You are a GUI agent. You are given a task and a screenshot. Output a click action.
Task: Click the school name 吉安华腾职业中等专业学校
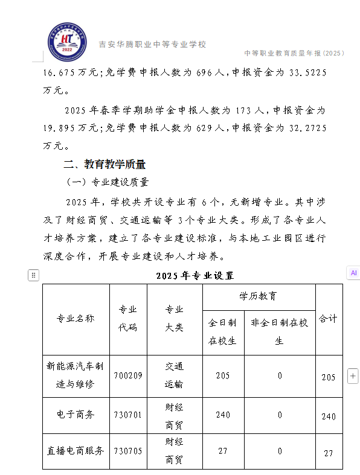point(152,44)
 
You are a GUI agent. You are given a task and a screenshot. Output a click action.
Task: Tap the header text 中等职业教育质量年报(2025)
point(294,53)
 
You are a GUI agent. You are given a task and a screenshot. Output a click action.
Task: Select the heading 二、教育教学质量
point(104,164)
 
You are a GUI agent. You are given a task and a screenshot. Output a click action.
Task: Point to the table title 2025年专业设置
point(194,275)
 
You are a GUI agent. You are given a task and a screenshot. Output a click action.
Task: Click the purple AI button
point(353,273)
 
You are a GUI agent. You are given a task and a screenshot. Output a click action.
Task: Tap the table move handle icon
point(34,276)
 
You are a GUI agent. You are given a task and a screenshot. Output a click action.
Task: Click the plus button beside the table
point(353,376)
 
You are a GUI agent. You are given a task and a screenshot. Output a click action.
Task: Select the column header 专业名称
point(76,319)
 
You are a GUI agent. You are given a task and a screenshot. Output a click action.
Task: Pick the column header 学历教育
point(259,296)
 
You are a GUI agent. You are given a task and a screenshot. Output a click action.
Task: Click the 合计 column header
point(328,318)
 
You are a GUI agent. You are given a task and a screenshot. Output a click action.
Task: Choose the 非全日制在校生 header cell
point(280,331)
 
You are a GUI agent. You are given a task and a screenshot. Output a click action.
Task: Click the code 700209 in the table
point(127,375)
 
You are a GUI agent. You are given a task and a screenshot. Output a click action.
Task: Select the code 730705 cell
point(127,451)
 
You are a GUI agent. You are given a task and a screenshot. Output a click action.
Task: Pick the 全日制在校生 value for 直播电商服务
point(222,451)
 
